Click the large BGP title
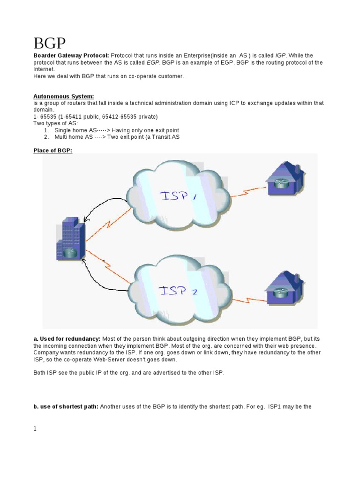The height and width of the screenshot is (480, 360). (x=50, y=44)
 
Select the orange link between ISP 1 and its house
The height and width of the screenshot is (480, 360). (x=246, y=190)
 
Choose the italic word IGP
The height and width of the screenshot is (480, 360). (x=280, y=55)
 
